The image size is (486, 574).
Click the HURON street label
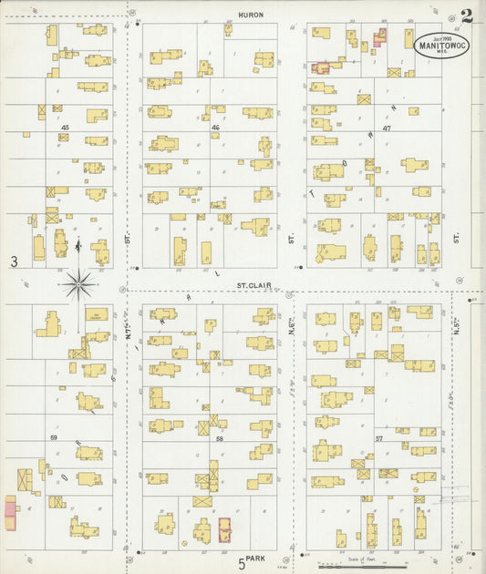[251, 15]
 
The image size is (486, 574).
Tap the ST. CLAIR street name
[250, 284]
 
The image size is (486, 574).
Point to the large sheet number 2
[466, 15]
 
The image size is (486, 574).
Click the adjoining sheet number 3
[14, 262]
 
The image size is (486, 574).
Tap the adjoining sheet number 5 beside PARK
[243, 565]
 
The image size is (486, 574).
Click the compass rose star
[80, 285]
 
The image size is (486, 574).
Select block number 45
[66, 128]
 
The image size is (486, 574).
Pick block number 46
[215, 128]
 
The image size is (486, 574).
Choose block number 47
[387, 128]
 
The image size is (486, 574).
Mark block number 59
[54, 438]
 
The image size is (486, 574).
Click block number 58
[220, 439]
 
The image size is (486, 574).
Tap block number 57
[378, 438]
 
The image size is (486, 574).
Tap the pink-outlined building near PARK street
[225, 529]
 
